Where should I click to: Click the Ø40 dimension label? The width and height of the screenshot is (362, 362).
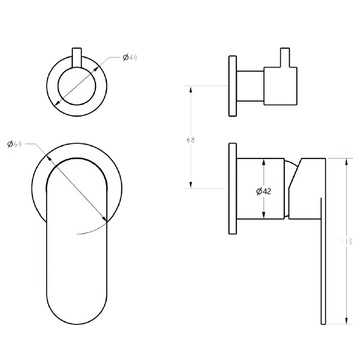[130, 58]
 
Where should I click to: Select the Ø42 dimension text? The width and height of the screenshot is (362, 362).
[264, 191]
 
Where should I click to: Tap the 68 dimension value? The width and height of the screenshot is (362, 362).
[191, 140]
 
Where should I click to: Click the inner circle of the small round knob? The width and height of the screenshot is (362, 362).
[77, 86]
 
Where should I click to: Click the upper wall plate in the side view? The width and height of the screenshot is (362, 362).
[233, 86]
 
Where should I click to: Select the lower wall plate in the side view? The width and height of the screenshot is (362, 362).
[233, 188]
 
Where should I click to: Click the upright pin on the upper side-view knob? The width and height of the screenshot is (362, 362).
[285, 58]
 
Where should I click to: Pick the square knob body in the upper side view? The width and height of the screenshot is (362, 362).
[281, 86]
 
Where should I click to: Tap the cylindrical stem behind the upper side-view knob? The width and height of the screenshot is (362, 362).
[250, 86]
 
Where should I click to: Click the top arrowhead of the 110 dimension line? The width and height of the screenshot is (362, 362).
[346, 161]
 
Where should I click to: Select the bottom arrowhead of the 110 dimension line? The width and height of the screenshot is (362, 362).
[346, 321]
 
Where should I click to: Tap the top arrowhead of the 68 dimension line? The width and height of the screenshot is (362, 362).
[191, 89]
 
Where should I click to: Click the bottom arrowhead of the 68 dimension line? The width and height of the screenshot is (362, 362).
[191, 185]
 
